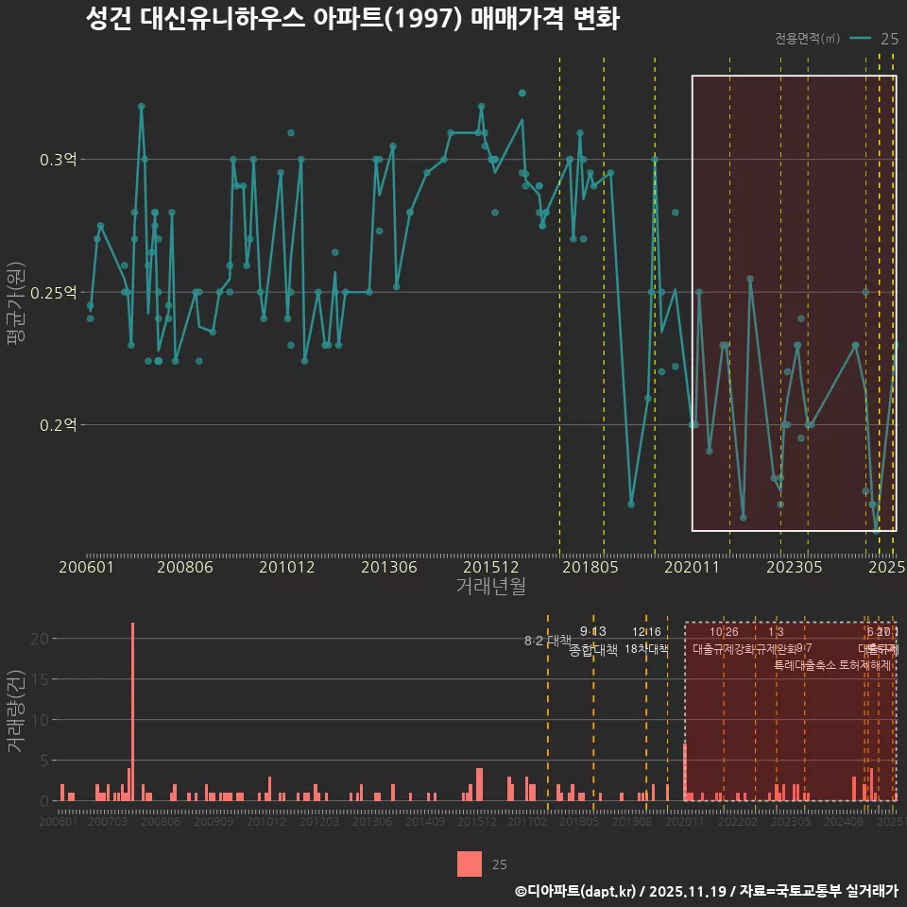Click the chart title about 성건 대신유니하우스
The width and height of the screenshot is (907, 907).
[x=351, y=19]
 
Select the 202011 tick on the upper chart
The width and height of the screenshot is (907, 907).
[x=693, y=568]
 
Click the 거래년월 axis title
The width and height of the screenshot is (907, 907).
[x=490, y=587]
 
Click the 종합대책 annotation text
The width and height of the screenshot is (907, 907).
[x=593, y=650]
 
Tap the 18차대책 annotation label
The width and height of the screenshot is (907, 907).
[x=647, y=649]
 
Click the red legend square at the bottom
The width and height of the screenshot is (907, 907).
[x=470, y=864]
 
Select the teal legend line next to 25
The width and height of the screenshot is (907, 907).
[x=860, y=39]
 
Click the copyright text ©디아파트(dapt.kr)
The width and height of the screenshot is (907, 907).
[x=576, y=890]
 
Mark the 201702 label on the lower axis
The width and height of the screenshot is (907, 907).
[x=528, y=822]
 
